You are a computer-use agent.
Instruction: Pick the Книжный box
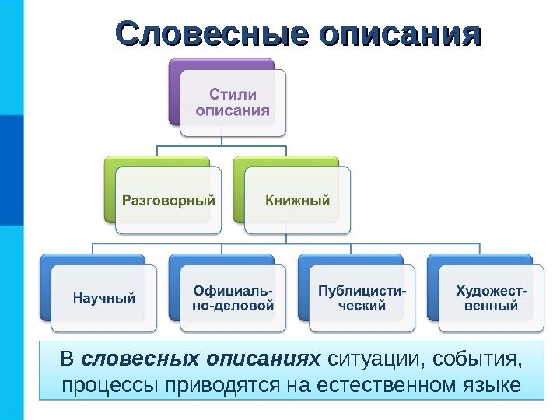pos(298,201)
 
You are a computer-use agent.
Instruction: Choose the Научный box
pos(104,297)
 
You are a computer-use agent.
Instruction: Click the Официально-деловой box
pos(233,298)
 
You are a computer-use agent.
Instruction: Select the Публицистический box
pos(362,298)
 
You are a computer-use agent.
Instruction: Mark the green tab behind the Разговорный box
pos(156,165)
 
